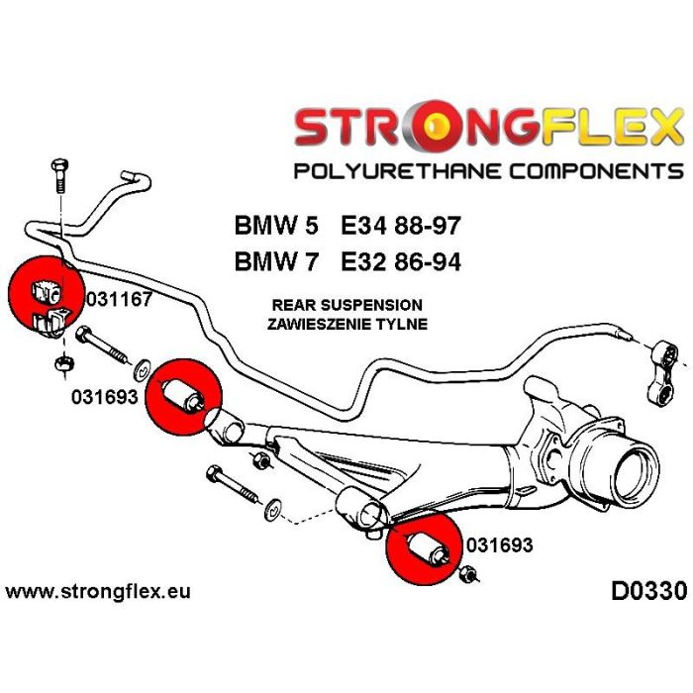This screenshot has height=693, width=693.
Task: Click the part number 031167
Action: click(119, 299)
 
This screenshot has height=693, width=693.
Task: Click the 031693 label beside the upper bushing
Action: click(106, 397)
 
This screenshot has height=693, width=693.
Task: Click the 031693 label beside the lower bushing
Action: click(499, 545)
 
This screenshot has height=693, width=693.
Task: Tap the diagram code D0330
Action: click(643, 593)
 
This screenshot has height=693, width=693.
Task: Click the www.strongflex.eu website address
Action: click(98, 593)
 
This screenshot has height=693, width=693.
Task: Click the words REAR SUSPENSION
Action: click(346, 305)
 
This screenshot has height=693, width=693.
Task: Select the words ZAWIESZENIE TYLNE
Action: click(346, 324)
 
